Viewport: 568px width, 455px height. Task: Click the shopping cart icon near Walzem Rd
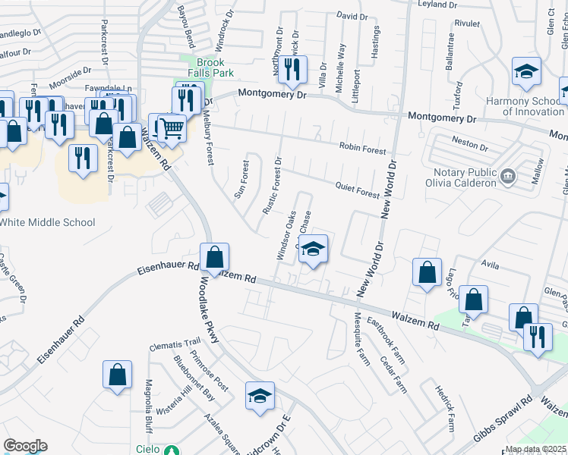click(172, 128)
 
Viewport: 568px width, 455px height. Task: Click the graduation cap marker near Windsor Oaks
click(313, 249)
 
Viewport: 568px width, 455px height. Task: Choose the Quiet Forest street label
click(356, 189)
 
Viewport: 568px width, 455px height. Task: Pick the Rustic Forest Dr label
click(273, 187)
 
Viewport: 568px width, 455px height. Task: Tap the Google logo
click(25, 445)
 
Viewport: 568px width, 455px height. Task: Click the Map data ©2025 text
click(535, 449)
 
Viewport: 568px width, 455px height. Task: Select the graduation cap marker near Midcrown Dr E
click(260, 397)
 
